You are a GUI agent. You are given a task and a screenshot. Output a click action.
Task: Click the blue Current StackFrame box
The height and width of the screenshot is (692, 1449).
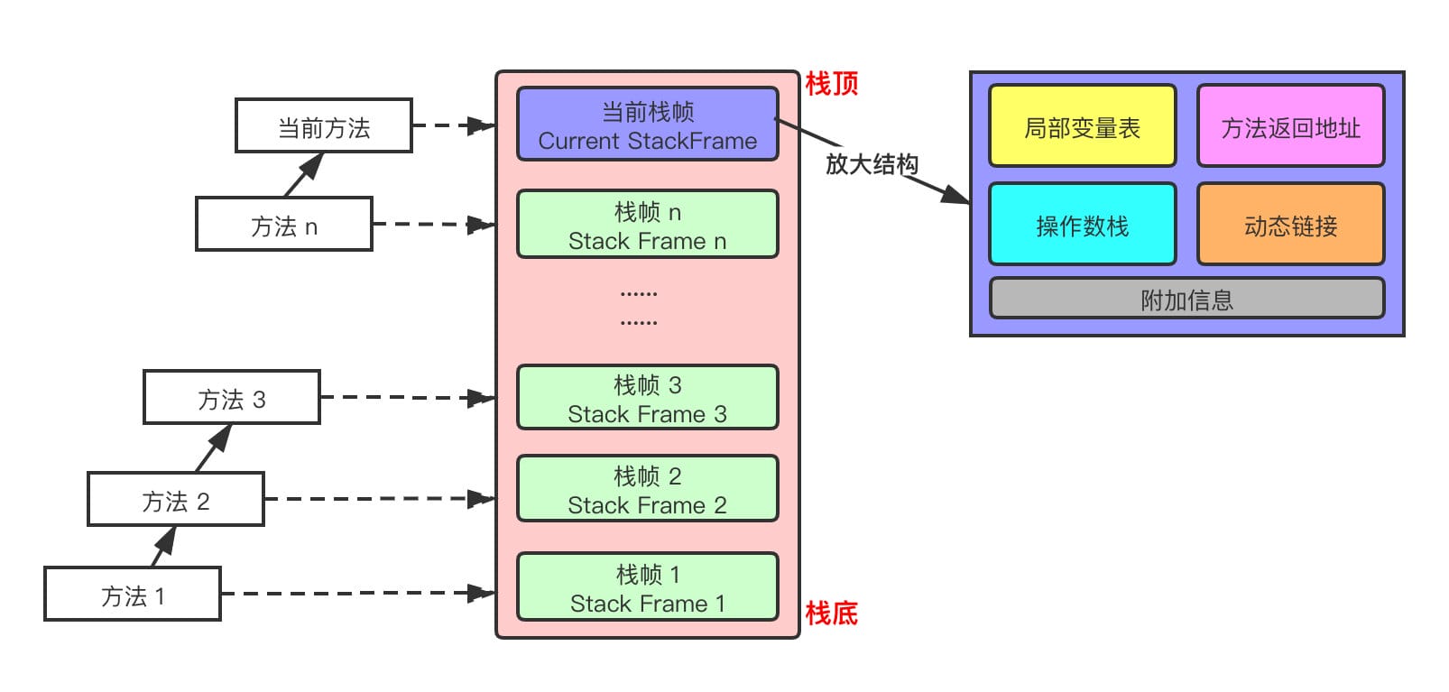pos(647,125)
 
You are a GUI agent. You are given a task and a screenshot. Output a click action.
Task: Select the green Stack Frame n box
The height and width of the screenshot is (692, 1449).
pos(647,225)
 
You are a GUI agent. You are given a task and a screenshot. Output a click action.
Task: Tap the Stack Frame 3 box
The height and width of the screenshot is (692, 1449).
pos(647,398)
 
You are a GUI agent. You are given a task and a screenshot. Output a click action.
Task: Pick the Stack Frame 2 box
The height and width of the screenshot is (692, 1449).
pos(647,489)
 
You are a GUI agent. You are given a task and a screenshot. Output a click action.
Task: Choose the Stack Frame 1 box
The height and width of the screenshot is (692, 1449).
pos(647,587)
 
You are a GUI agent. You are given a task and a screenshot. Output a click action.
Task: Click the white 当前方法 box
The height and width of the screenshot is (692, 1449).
pos(323,126)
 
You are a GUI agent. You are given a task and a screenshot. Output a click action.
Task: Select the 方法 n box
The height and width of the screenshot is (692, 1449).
pos(283,225)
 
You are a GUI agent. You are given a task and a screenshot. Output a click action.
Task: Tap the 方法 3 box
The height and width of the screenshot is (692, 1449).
pos(231,398)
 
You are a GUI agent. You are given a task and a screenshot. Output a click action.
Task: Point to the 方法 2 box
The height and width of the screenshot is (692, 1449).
pos(175,500)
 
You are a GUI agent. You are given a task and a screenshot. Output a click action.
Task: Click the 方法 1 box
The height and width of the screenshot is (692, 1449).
pos(132,595)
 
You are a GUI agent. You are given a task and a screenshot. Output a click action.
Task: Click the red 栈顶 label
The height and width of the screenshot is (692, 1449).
pos(831,84)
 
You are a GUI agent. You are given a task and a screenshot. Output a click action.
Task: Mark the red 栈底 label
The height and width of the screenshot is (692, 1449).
pos(831,614)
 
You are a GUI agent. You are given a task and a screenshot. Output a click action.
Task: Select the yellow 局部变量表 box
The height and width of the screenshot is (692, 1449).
pos(1082,126)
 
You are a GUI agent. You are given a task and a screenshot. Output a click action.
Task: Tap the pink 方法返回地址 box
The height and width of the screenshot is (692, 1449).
pos(1290,126)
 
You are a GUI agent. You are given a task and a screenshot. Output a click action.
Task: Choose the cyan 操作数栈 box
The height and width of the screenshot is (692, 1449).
pos(1082,225)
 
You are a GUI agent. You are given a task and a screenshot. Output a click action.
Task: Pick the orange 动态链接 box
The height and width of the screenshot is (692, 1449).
pos(1290,225)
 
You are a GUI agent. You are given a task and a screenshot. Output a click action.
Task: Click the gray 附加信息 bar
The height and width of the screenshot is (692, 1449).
pos(1186,299)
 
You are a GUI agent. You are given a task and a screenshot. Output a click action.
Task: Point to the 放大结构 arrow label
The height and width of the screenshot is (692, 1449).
pos(871,164)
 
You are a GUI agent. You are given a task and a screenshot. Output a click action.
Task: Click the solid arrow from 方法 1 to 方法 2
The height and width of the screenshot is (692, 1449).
pos(164,546)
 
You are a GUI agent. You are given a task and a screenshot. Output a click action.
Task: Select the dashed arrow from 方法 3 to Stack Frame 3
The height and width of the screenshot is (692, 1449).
pos(406,397)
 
